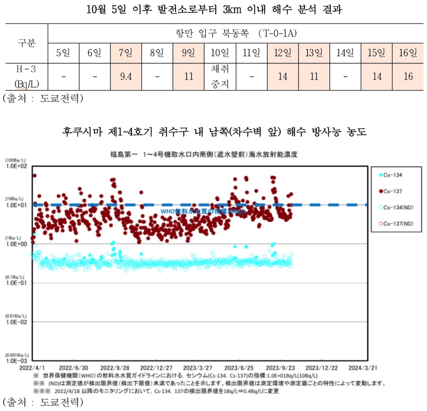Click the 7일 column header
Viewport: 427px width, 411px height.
[x=126, y=53]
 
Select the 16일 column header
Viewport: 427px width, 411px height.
[x=408, y=53]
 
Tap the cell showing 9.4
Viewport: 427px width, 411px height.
[x=126, y=77]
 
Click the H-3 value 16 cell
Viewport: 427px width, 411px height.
[x=408, y=77]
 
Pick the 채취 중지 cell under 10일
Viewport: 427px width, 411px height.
[x=220, y=77]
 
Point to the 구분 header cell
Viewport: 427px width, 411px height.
[x=26, y=43]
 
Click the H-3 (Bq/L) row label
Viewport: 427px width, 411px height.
[x=26, y=77]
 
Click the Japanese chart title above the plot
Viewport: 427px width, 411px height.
[x=204, y=155]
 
